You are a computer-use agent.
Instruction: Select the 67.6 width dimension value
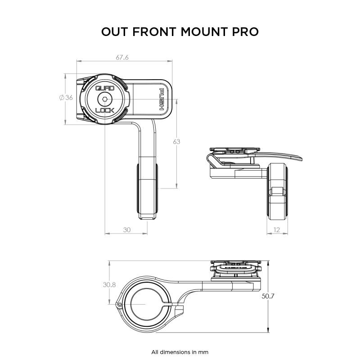click(x=122, y=58)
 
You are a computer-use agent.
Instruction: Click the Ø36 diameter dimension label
click(x=66, y=98)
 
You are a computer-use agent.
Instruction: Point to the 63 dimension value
click(x=176, y=142)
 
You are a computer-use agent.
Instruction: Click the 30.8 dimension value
click(x=109, y=284)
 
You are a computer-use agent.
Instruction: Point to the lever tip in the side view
click(x=297, y=157)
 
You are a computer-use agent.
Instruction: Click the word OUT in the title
click(x=116, y=32)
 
